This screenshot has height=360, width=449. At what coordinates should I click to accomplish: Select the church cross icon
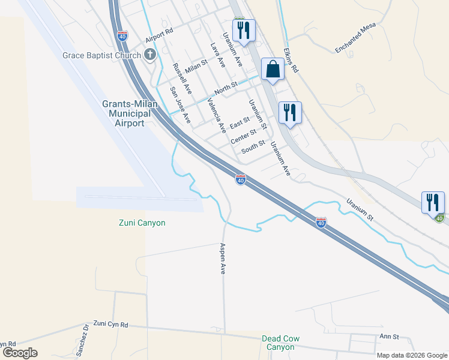tap(150, 56)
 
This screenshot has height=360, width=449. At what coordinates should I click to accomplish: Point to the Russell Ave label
tap(181, 79)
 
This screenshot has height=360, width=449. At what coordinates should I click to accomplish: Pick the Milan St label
tap(196, 66)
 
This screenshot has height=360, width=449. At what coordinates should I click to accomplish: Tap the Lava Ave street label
tap(217, 55)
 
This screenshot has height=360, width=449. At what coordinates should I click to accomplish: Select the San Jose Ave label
tap(179, 106)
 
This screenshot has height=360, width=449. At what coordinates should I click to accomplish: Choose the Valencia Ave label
tap(215, 115)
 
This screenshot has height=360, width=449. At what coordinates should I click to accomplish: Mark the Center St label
tap(244, 136)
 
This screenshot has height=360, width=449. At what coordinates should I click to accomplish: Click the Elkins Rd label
tap(291, 59)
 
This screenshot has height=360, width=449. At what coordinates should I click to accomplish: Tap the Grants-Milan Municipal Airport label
tap(129, 113)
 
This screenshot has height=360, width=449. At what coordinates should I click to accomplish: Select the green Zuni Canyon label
tap(141, 223)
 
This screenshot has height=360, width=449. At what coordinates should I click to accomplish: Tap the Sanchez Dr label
tap(85, 340)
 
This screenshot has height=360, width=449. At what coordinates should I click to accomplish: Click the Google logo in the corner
tap(20, 353)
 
